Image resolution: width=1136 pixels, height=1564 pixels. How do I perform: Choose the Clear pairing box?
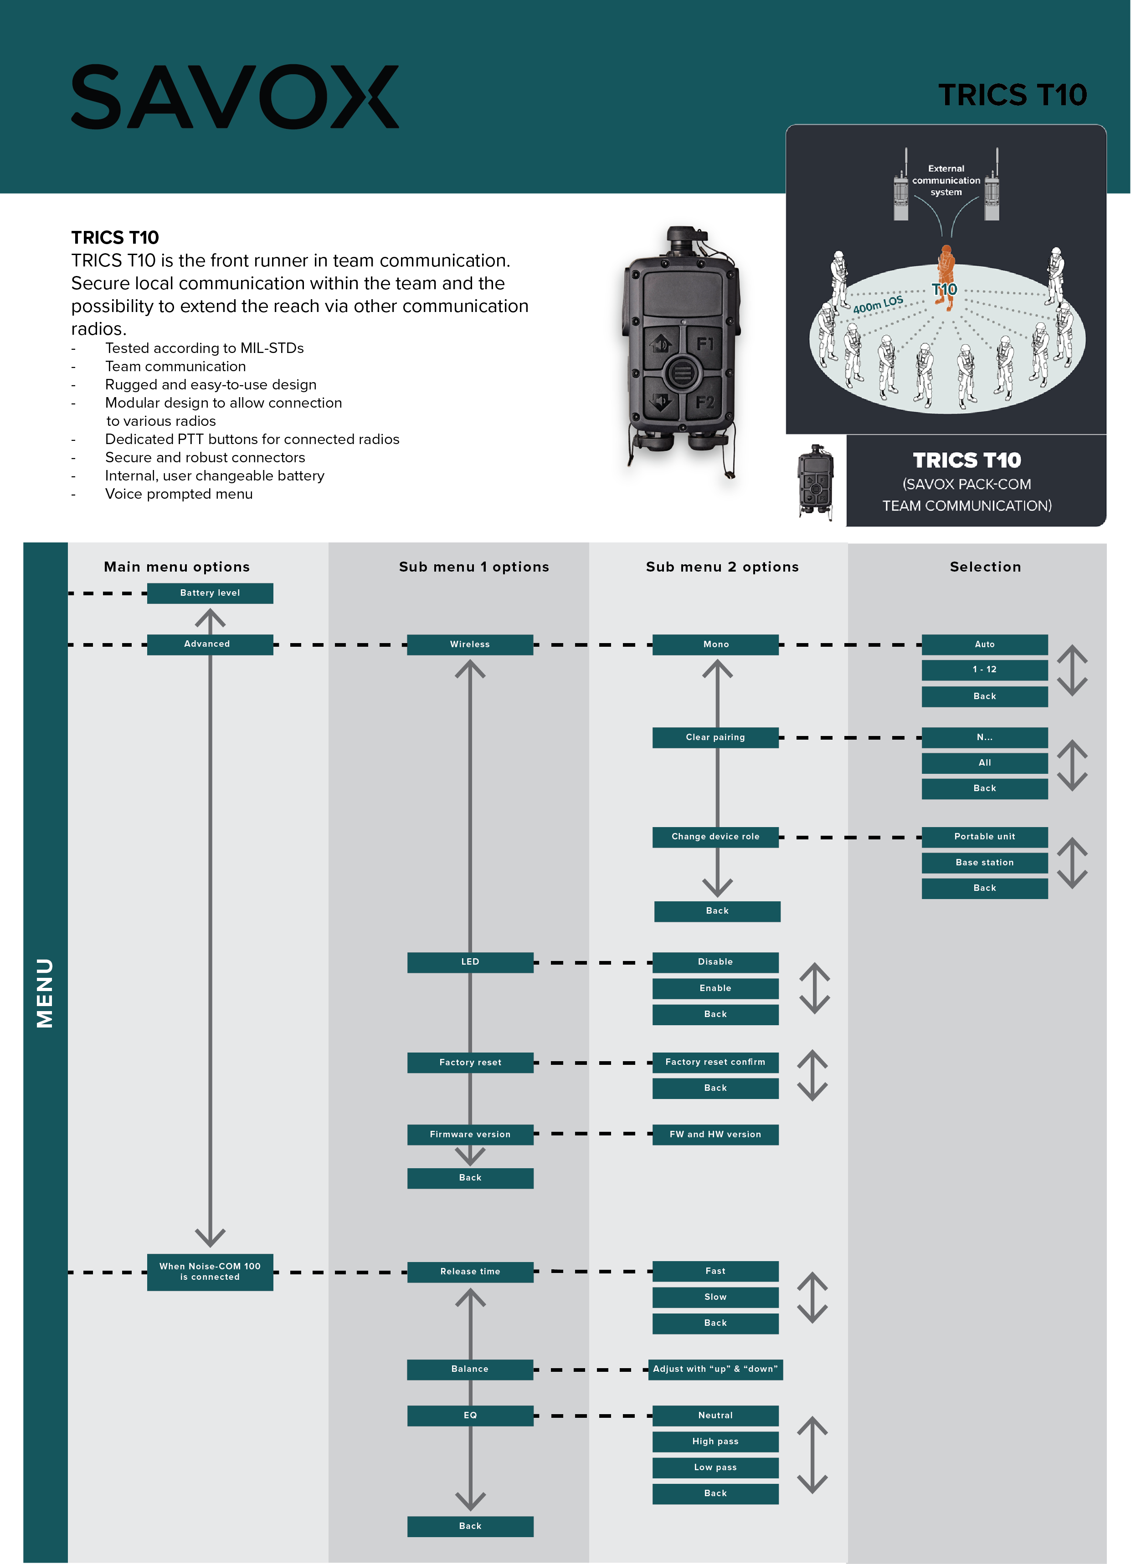[715, 737]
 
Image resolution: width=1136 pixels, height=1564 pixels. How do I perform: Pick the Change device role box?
[715, 837]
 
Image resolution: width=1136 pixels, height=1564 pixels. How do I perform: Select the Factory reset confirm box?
[715, 1062]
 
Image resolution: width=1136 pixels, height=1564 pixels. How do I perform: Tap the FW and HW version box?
[715, 1135]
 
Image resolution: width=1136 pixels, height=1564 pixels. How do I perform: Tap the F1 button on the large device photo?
[705, 343]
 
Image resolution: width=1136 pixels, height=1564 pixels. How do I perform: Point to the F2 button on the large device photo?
[705, 402]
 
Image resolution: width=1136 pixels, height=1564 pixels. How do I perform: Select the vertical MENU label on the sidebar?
[45, 993]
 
